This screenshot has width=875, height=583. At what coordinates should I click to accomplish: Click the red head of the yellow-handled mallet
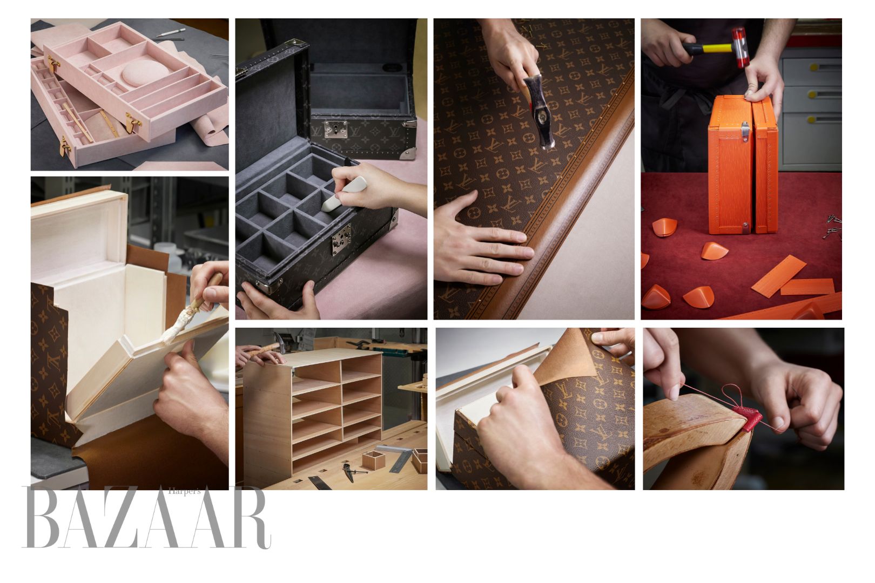(740, 42)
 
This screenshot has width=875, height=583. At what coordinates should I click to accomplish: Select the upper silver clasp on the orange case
(745, 132)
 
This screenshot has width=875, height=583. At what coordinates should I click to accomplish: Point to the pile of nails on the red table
(833, 227)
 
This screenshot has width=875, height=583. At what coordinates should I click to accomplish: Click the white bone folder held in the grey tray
(344, 194)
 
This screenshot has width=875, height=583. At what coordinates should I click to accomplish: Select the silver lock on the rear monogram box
(335, 129)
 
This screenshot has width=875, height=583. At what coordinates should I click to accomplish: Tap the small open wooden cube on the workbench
(373, 460)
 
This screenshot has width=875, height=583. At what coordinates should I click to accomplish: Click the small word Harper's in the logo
(184, 492)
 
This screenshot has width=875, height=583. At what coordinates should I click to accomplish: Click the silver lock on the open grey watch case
(341, 239)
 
